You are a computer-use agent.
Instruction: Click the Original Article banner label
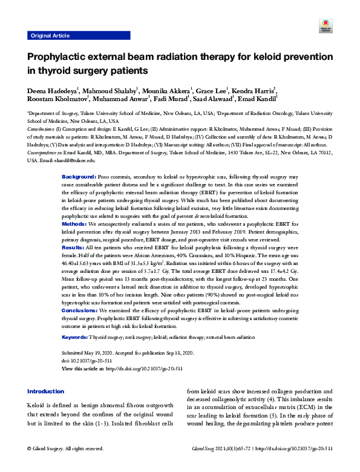tap(49, 36)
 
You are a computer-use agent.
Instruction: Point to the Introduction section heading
tap(45, 391)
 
